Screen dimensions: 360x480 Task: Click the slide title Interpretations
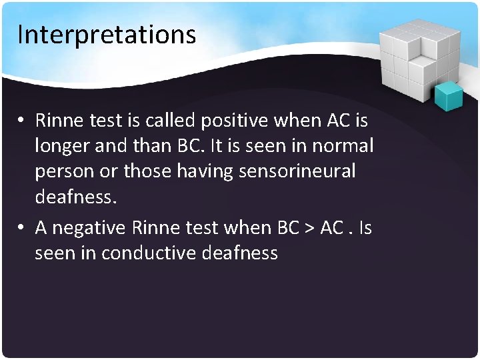tap(107, 34)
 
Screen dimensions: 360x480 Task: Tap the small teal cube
tap(448, 95)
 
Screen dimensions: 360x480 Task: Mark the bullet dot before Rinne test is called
tap(22, 121)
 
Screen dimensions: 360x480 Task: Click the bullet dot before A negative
tap(22, 228)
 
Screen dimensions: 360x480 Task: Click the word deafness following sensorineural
tap(75, 197)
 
